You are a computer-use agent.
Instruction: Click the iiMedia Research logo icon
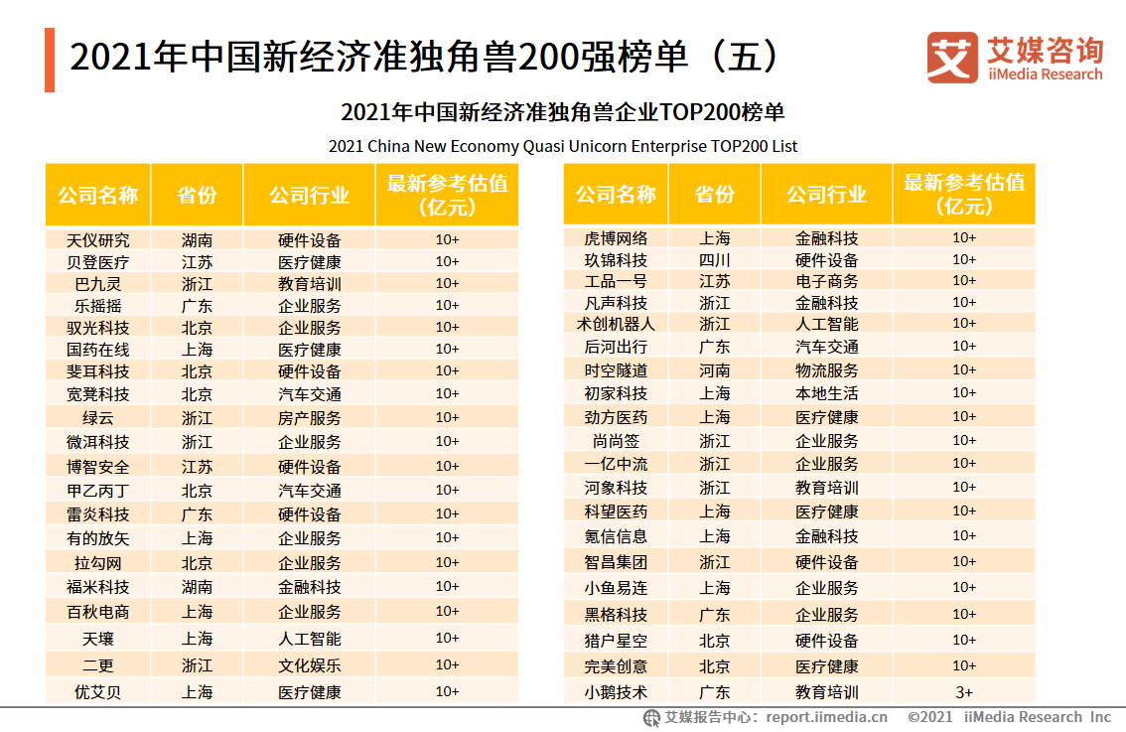pos(951,58)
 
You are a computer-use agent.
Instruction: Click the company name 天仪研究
pos(97,239)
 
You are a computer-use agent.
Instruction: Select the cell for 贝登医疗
pos(97,262)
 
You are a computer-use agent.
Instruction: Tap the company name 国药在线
pos(97,350)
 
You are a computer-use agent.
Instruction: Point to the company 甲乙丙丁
pos(97,491)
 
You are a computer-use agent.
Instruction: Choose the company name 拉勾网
pos(97,563)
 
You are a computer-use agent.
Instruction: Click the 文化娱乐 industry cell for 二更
pos(309,665)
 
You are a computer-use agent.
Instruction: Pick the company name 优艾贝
pos(97,692)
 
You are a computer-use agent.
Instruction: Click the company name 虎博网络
pos(616,238)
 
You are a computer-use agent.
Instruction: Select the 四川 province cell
pos(714,260)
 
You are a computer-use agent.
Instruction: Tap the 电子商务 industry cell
pos(826,281)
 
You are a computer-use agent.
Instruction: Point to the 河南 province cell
pos(714,369)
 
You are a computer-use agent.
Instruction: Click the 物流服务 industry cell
pos(826,369)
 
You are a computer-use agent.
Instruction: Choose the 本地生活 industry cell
pos(826,393)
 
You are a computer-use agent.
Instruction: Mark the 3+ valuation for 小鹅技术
pos(963,692)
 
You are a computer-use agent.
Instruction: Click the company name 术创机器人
pos(616,324)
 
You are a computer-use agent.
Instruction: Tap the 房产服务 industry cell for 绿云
pos(309,418)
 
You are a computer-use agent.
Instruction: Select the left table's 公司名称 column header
pos(97,195)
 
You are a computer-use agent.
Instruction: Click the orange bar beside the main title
pos(50,60)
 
